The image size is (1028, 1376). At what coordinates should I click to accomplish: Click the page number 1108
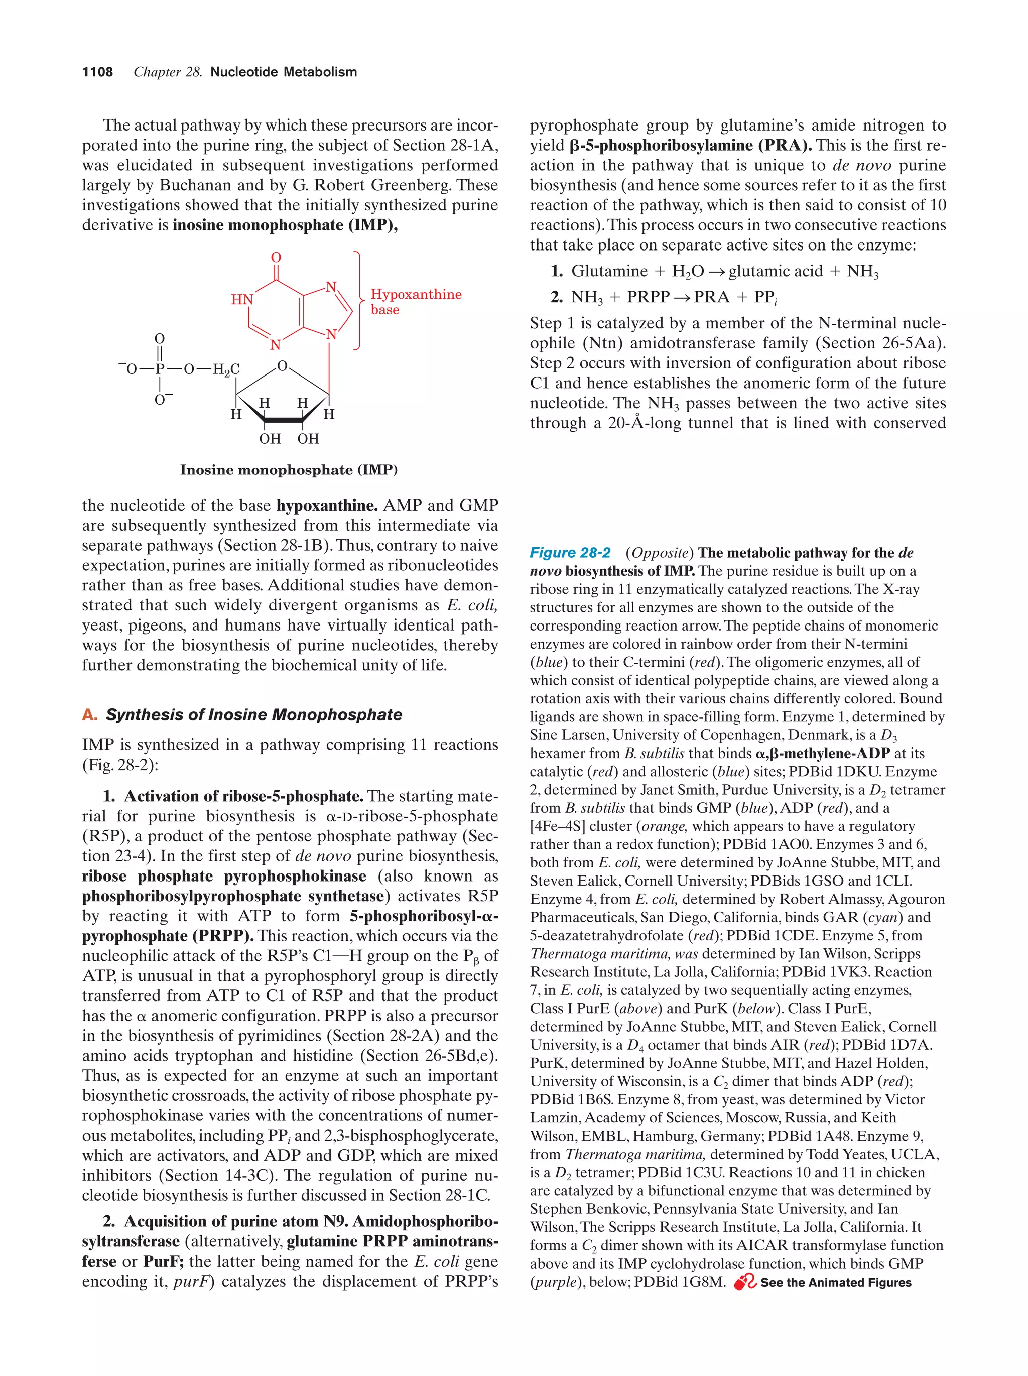pyautogui.click(x=98, y=72)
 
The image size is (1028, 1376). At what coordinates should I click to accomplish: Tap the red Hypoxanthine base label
pyautogui.click(x=416, y=302)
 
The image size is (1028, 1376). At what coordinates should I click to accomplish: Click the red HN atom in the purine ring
pyautogui.click(x=242, y=299)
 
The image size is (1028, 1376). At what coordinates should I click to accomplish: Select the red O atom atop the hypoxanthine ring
pyautogui.click(x=276, y=258)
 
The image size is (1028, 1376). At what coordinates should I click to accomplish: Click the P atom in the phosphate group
pyautogui.click(x=160, y=369)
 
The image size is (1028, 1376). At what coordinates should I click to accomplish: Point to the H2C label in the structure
pyautogui.click(x=226, y=369)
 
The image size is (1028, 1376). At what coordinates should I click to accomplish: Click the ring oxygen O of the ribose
pyautogui.click(x=282, y=366)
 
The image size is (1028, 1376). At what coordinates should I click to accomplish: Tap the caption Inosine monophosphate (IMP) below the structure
pyautogui.click(x=289, y=470)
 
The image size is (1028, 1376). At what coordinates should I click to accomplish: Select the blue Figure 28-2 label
pyautogui.click(x=570, y=552)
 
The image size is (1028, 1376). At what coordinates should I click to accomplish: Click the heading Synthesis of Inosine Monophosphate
pyautogui.click(x=253, y=715)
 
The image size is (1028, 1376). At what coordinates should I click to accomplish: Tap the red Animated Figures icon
pyautogui.click(x=744, y=1282)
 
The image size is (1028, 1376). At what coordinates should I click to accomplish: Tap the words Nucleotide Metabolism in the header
pyautogui.click(x=284, y=72)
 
